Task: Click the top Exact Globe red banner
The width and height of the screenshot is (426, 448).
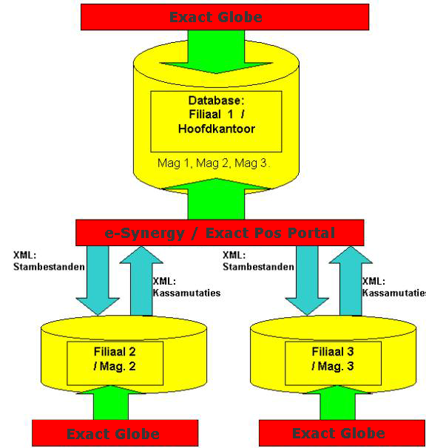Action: click(x=225, y=17)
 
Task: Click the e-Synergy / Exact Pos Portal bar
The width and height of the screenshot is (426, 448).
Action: click(x=220, y=233)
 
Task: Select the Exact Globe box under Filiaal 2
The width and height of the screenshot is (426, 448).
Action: click(x=115, y=433)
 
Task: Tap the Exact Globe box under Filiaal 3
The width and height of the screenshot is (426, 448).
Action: click(x=342, y=433)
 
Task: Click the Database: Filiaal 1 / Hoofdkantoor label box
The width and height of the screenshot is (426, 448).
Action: click(x=216, y=121)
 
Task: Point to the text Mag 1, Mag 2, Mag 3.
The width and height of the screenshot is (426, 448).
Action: click(x=214, y=163)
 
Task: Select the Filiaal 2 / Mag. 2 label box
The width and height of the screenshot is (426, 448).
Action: click(x=115, y=363)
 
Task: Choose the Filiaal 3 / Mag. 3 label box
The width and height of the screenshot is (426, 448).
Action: click(x=333, y=363)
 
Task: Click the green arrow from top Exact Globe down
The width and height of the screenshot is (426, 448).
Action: click(x=216, y=52)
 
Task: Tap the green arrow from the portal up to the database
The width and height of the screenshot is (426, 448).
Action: click(x=216, y=199)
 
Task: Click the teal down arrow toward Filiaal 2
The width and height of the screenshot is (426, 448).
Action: click(x=98, y=281)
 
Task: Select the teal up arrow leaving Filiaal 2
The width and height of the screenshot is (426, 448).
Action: click(x=141, y=281)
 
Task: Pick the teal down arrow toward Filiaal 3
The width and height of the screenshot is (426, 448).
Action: click(x=307, y=281)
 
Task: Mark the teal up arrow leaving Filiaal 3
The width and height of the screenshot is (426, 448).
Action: click(x=351, y=281)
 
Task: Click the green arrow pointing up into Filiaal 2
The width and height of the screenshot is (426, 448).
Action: click(x=111, y=402)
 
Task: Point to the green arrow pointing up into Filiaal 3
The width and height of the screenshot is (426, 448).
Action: click(x=338, y=402)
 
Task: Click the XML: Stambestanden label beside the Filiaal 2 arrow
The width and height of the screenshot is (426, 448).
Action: click(x=49, y=261)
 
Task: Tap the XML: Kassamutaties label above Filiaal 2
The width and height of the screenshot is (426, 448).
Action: click(x=186, y=287)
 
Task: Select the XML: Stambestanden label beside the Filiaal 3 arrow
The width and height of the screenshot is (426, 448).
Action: click(x=258, y=261)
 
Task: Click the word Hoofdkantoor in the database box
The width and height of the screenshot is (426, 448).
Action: click(x=217, y=129)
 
